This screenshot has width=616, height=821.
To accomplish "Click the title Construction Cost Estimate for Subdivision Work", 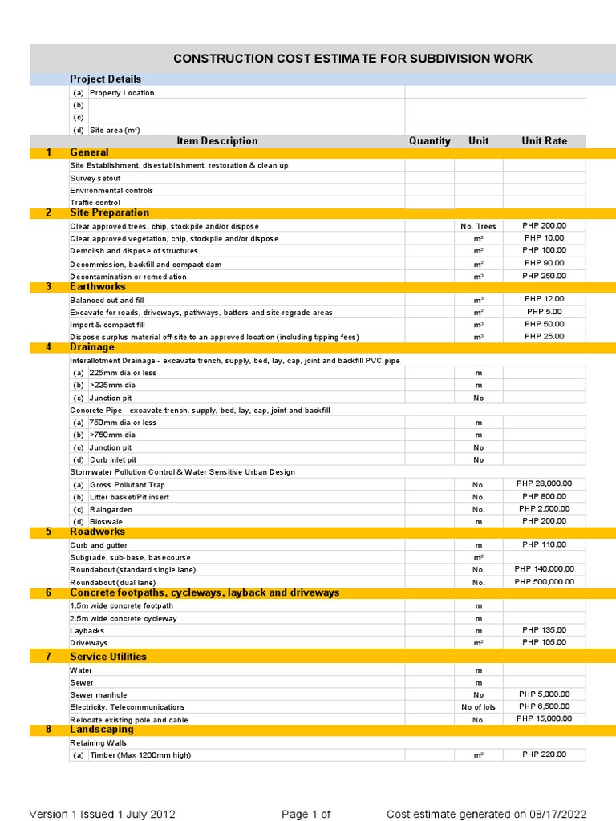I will click(x=353, y=59).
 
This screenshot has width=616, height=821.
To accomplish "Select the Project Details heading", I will click(x=105, y=79).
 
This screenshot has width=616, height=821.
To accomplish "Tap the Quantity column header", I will click(x=429, y=140).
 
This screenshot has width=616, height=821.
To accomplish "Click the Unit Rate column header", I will click(x=544, y=140).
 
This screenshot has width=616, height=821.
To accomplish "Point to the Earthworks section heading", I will click(x=97, y=286).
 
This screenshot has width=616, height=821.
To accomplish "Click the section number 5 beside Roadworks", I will click(x=48, y=532).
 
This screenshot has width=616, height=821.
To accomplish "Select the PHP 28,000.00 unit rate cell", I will click(x=544, y=483).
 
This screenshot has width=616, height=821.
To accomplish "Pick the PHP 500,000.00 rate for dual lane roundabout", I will click(x=544, y=581).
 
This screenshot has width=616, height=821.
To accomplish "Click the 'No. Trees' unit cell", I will click(x=478, y=226).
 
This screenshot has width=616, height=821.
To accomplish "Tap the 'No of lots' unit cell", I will click(x=478, y=707).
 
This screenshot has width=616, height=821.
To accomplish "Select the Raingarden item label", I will click(x=111, y=509).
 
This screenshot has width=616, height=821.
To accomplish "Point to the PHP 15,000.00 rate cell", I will click(x=544, y=718).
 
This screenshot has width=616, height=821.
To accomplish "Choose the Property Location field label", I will click(x=122, y=93).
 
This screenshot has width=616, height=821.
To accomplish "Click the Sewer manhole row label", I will click(x=98, y=695).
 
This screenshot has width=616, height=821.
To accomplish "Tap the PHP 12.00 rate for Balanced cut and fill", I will click(x=544, y=299).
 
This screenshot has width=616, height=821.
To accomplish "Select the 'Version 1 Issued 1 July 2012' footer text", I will click(x=102, y=815).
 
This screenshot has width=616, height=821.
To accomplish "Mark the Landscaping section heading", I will click(x=102, y=730).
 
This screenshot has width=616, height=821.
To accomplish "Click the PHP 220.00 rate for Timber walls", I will click(x=544, y=754).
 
